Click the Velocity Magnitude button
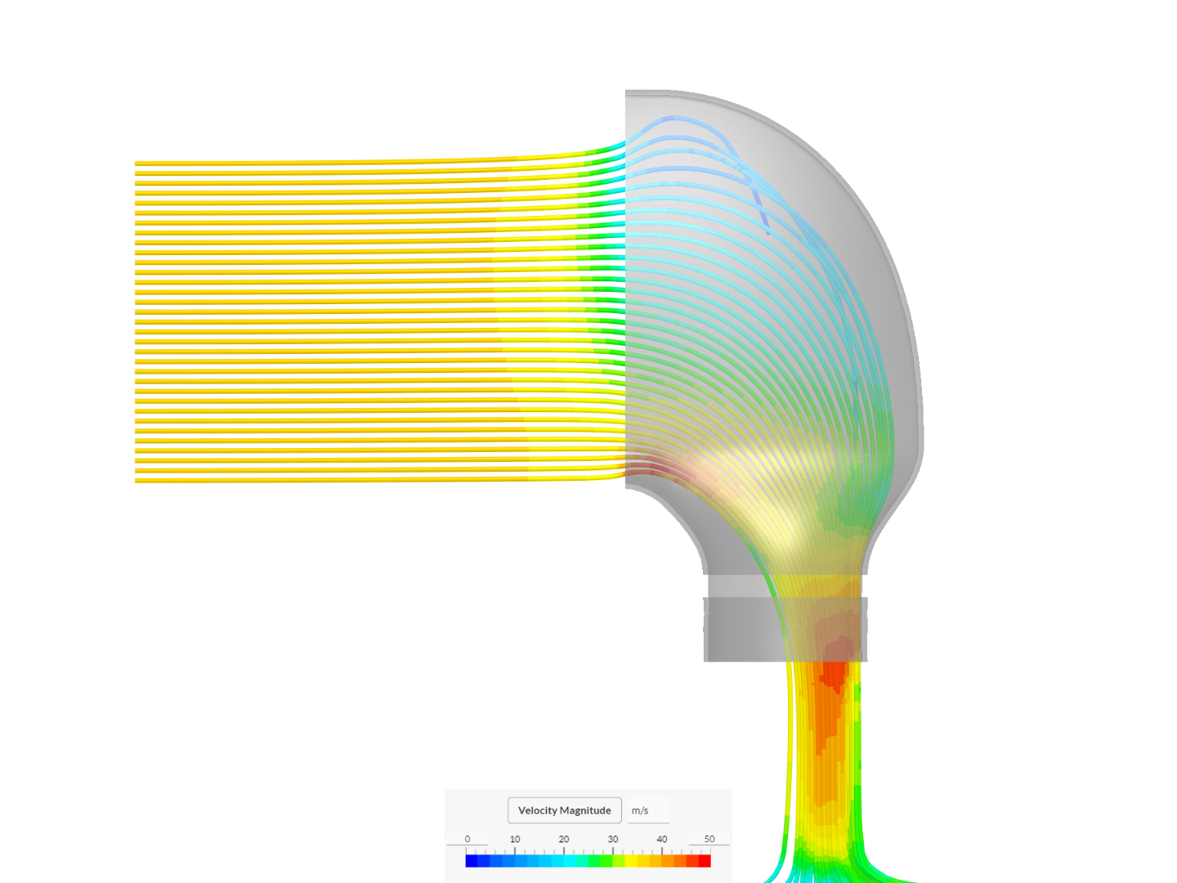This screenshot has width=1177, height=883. click(564, 810)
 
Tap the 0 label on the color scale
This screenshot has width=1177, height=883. click(467, 839)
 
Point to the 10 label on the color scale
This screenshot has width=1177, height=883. click(515, 839)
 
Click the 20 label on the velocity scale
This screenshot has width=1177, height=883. click(563, 839)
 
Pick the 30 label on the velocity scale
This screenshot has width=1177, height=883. click(613, 839)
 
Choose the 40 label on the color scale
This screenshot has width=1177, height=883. click(662, 839)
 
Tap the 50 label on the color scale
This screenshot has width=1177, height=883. click(709, 839)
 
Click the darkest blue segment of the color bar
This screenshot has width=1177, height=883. click(472, 861)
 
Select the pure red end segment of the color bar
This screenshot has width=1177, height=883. click(705, 861)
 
